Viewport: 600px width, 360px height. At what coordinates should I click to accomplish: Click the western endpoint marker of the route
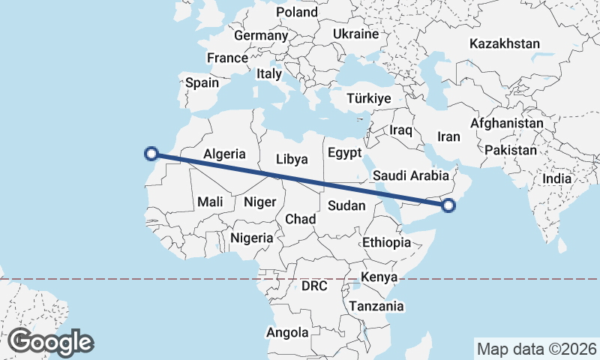[x=151, y=154]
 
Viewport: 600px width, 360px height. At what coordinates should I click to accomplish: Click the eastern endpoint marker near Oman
[x=448, y=205]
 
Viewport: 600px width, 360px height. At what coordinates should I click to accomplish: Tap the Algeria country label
[x=225, y=154]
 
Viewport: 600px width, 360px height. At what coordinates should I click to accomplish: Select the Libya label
[x=292, y=159]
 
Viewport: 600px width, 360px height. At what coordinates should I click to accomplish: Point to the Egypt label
[x=345, y=152]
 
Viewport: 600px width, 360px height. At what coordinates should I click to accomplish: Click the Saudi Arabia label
[x=410, y=175]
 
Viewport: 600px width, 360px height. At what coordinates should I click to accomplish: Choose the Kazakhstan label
[x=505, y=44]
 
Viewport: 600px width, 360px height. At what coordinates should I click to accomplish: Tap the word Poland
[x=297, y=12]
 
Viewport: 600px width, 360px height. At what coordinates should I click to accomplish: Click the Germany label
[x=261, y=35]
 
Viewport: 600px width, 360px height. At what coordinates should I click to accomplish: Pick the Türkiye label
[x=370, y=99]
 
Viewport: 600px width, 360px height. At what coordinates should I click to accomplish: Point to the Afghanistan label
[x=507, y=123]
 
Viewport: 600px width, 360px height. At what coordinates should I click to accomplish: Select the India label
[x=556, y=178]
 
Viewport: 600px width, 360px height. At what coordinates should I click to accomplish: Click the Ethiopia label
[x=386, y=242]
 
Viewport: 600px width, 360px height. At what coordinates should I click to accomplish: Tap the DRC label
[x=316, y=286]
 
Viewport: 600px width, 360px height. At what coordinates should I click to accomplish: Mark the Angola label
[x=288, y=332]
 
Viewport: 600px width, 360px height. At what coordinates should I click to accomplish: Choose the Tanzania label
[x=376, y=306]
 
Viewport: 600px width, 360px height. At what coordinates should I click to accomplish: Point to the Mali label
[x=211, y=201]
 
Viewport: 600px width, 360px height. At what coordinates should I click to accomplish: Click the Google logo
[x=50, y=342]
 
